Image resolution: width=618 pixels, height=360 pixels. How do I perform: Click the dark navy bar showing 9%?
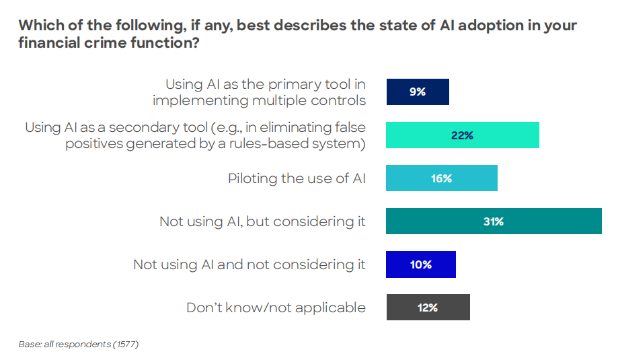pos(417,92)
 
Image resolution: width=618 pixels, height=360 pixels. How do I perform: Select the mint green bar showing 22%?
pos(463,135)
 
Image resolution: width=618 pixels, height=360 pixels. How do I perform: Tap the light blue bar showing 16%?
pos(441,178)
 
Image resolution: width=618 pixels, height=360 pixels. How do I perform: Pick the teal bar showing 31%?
pos(494,221)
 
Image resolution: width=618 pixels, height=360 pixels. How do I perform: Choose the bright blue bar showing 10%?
pos(421,264)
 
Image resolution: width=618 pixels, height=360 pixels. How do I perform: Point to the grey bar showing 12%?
pos(428,308)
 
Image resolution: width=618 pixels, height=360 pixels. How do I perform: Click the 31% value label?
pos(494,221)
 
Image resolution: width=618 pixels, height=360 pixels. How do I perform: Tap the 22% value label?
pos(463,135)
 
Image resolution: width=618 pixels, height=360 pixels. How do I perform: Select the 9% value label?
pos(417,92)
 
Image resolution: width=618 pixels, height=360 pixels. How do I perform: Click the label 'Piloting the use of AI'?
pos(297,178)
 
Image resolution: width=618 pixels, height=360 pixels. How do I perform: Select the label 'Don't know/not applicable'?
pos(276,308)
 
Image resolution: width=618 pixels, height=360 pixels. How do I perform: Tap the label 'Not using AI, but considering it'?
pos(262,221)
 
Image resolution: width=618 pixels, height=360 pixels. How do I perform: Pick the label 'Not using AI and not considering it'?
pos(249,264)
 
